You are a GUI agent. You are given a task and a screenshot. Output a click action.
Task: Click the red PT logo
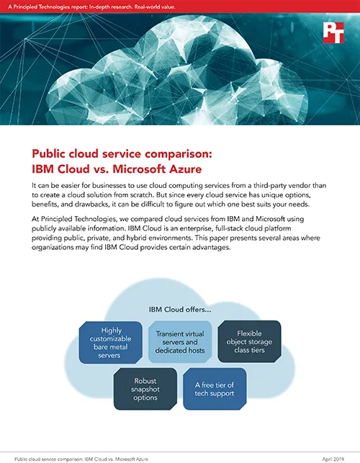point(333,32)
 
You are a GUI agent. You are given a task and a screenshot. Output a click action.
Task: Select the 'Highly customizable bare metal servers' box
point(110,343)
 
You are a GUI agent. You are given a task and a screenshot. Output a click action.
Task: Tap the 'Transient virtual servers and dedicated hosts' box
point(180,342)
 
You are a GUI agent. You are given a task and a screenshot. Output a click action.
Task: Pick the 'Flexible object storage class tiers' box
point(249,341)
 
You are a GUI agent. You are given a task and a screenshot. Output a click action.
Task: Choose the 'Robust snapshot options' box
point(145,389)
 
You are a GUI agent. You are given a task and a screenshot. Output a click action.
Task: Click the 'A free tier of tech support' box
point(215,389)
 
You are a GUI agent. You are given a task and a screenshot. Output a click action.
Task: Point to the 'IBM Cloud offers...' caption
point(180,310)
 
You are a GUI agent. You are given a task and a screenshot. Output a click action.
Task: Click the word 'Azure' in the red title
point(184,169)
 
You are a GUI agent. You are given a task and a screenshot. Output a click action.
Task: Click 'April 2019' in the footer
point(333,459)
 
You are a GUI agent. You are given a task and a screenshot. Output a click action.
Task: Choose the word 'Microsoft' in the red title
point(139,169)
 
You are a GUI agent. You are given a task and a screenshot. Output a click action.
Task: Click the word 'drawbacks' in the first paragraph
point(89,204)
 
